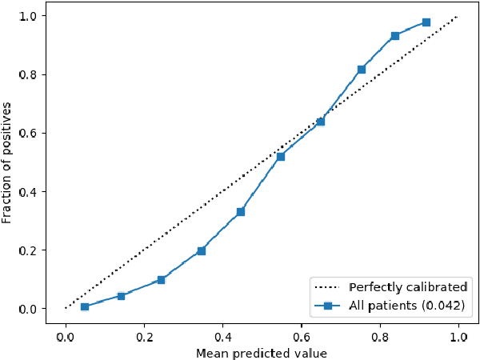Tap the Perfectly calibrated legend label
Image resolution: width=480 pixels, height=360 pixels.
pyautogui.click(x=408, y=287)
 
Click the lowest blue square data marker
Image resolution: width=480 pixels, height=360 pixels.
pyautogui.click(x=84, y=306)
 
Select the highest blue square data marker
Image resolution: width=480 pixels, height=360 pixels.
pyautogui.click(x=426, y=22)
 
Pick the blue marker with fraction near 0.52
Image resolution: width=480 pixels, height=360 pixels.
pyautogui.click(x=280, y=156)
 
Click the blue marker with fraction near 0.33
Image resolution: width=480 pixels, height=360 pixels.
pyautogui.click(x=240, y=212)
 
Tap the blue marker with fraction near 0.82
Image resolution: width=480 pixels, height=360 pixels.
pyautogui.click(x=361, y=70)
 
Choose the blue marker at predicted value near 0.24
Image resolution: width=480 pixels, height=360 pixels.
pyautogui.click(x=161, y=280)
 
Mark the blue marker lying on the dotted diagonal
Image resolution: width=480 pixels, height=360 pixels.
pyautogui.click(x=320, y=122)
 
